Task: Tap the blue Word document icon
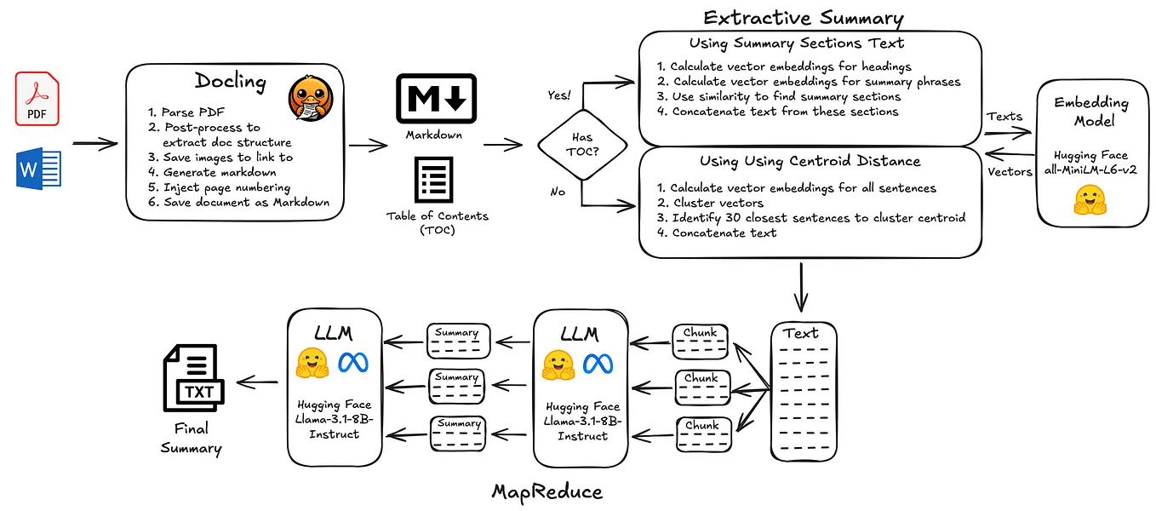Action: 36,169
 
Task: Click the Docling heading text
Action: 230,82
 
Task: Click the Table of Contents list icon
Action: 434,180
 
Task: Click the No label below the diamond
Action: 558,192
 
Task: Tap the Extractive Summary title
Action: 803,18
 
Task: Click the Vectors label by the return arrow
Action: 1010,171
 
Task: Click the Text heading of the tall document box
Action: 801,333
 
